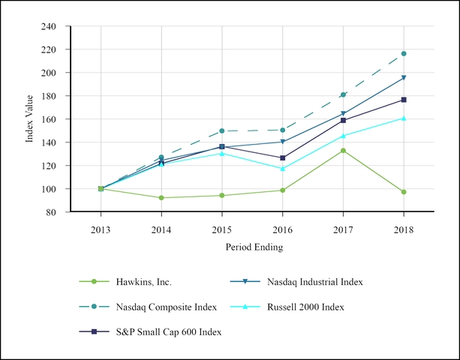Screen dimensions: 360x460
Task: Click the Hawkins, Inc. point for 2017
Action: coord(343,151)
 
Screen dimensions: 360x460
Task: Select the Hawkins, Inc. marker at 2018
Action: coord(404,192)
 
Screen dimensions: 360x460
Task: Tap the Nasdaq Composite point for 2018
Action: coord(404,54)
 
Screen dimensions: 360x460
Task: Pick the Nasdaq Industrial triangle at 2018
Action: coord(404,78)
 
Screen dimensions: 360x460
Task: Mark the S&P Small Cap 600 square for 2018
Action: coord(404,100)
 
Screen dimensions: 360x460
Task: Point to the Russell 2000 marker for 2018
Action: coord(404,118)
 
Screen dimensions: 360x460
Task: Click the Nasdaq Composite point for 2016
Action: coord(282,130)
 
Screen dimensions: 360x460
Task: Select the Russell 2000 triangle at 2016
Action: coord(282,168)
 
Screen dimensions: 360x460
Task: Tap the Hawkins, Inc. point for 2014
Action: coord(161,198)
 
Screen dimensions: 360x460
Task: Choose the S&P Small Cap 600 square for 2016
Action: coord(282,158)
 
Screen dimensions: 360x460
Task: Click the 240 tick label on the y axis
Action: coord(49,27)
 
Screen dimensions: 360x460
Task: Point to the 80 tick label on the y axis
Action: coord(51,212)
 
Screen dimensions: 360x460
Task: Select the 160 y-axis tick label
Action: coord(49,119)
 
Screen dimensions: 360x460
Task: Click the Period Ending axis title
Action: coord(254,247)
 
